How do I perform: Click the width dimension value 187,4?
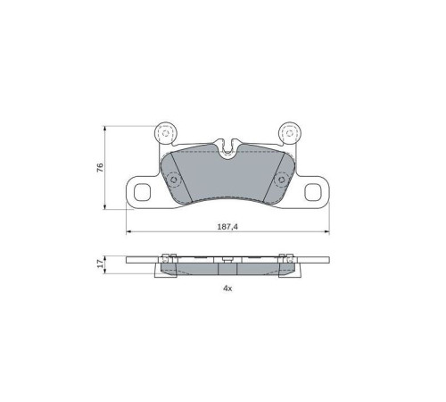[x=227, y=227]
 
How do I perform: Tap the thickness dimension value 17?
[x=101, y=264]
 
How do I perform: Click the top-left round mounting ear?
[x=165, y=133]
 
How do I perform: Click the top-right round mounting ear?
[x=290, y=133]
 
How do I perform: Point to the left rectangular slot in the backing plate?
[x=140, y=192]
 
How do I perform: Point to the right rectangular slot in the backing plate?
[x=315, y=192]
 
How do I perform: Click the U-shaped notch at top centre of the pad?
[x=229, y=143]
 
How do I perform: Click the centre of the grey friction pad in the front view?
[x=227, y=179]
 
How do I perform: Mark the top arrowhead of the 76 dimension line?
[x=107, y=127]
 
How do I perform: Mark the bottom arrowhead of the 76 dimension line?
[x=107, y=207]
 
